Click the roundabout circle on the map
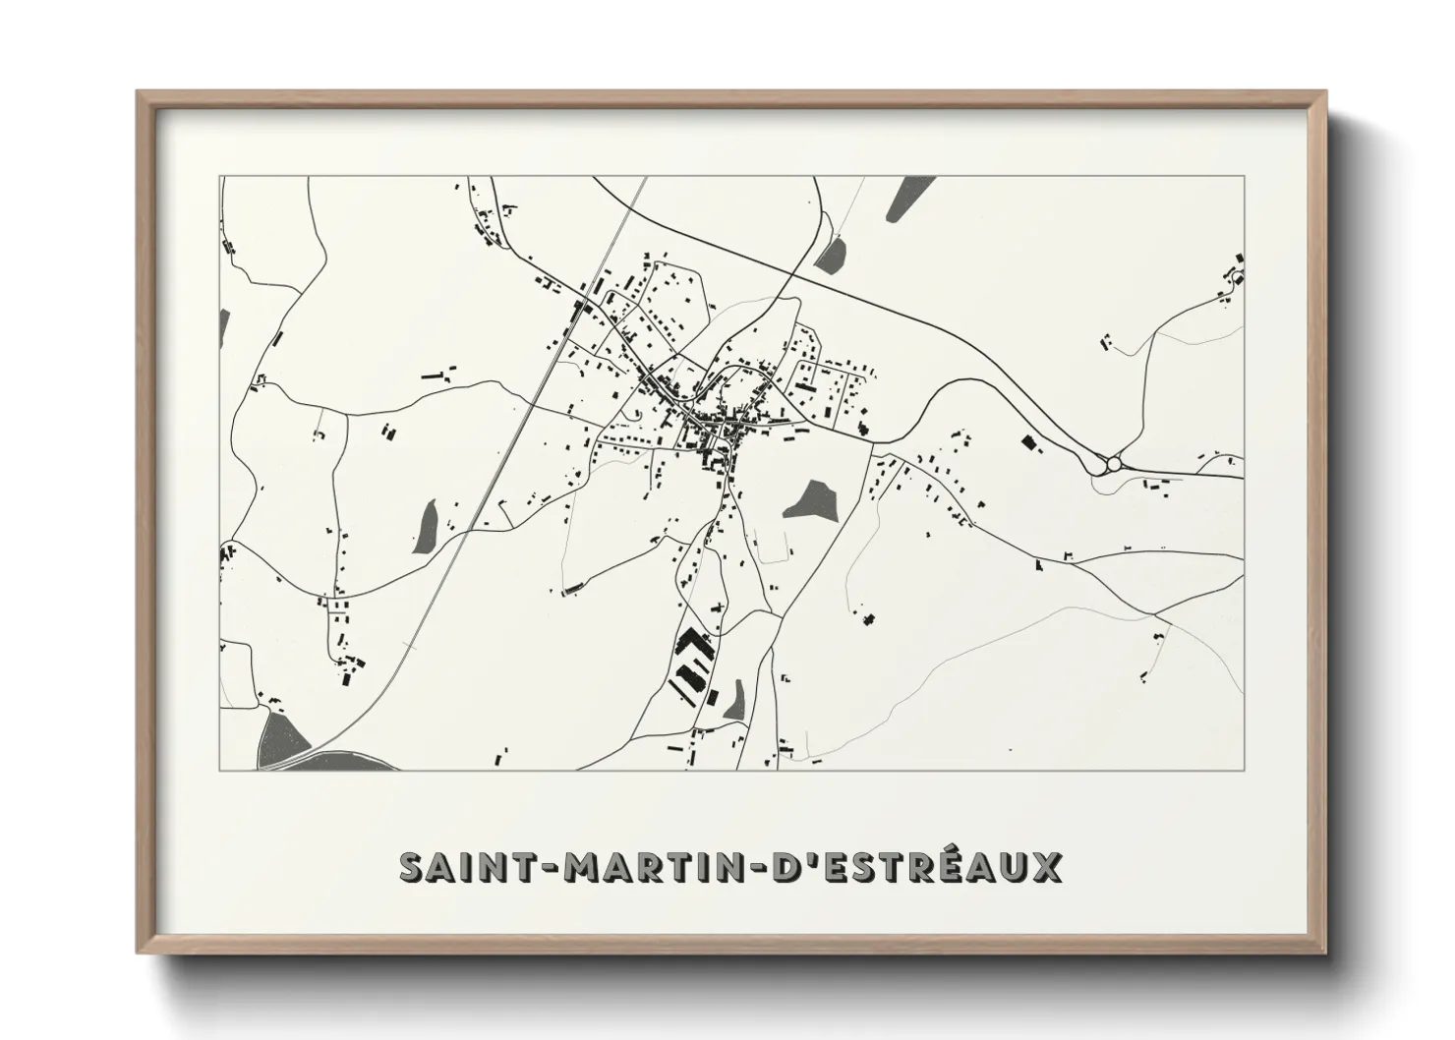tap(1114, 463)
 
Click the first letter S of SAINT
tap(412, 867)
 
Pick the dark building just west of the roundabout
tap(1031, 442)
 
